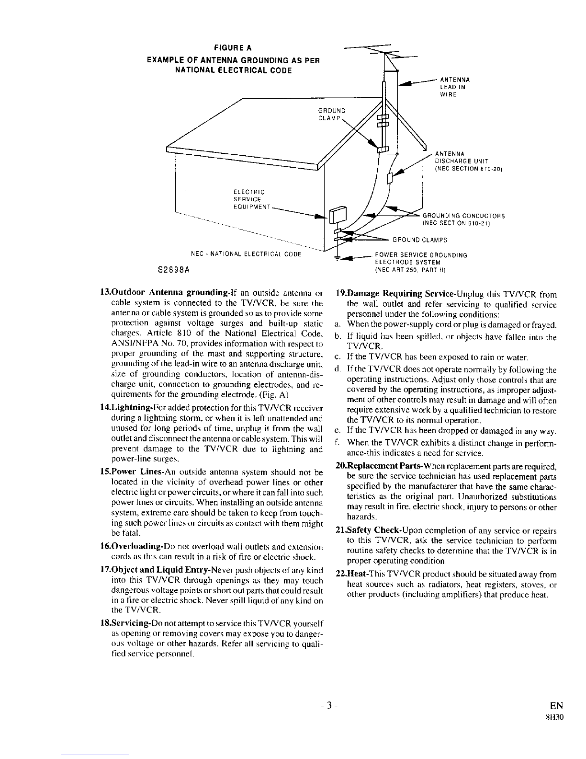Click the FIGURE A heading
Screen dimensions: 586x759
[233, 47]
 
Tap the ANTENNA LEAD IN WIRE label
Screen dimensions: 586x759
[455, 87]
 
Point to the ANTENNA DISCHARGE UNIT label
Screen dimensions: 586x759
[468, 161]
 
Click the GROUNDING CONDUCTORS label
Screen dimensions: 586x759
[463, 220]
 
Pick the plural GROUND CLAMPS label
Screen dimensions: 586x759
[419, 240]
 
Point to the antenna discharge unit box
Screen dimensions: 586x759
[390, 178]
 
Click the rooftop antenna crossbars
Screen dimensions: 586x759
[381, 51]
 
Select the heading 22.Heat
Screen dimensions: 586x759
[352, 574]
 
